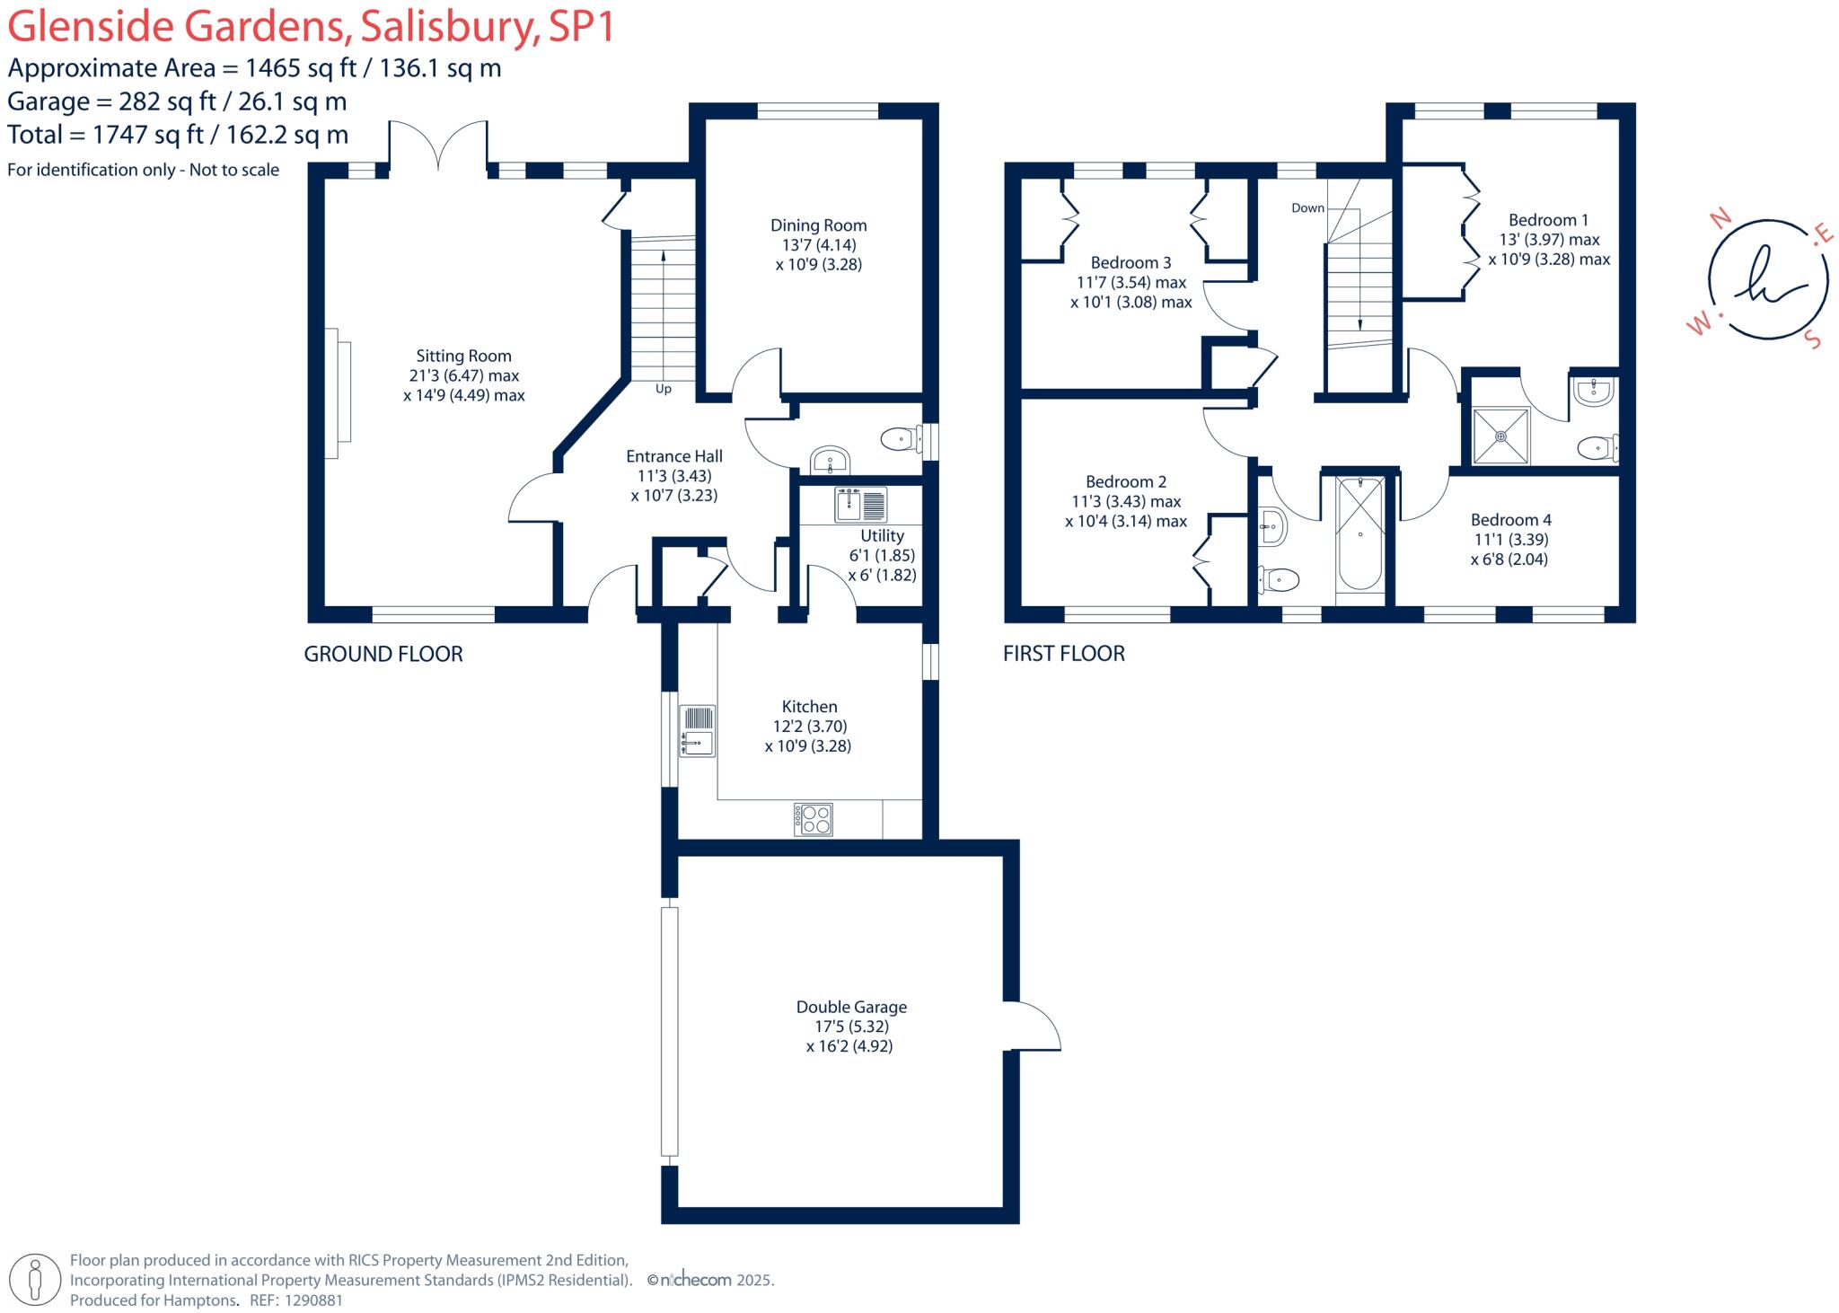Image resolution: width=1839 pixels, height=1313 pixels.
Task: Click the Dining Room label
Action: coord(818,225)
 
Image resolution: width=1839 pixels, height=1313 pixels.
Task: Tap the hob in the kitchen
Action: coord(814,819)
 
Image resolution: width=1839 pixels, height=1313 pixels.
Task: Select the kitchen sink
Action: coord(697,730)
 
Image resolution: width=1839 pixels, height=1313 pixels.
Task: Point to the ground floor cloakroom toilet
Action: coord(901,439)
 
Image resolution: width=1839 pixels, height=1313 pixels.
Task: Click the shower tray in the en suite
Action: coord(1501,436)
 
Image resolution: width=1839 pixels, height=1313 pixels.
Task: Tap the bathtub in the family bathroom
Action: coord(1359,534)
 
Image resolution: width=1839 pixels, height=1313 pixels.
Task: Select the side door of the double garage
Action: coord(1033,1025)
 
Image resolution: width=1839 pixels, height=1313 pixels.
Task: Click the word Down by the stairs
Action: coord(1307,208)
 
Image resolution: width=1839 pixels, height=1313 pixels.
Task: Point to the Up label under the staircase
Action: coord(663,389)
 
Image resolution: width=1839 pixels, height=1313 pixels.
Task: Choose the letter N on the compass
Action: coord(1720,218)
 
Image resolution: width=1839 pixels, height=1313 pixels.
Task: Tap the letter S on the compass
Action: coord(1813,340)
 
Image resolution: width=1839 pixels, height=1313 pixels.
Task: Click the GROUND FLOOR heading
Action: coord(383,654)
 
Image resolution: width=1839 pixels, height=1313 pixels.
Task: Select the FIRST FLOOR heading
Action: coord(1063,654)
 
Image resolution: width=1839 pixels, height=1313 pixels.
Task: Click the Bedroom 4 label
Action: coord(1510,520)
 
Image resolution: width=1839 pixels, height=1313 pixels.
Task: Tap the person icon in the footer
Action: coord(35,1279)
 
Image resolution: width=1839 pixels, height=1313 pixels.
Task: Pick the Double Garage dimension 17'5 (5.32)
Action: coord(849,1027)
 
